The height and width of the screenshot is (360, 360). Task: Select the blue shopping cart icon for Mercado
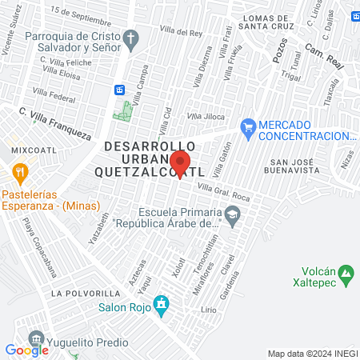(x=248, y=126)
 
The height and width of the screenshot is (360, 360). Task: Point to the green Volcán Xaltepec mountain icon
(x=346, y=275)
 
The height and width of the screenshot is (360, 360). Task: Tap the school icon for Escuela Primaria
(x=232, y=213)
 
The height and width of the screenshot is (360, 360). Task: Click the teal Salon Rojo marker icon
(x=162, y=305)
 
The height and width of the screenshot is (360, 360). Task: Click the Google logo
(x=26, y=350)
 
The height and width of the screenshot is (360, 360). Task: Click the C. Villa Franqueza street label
(x=55, y=123)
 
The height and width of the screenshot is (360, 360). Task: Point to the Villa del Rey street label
(x=182, y=33)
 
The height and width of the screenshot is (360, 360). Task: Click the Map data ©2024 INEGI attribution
(x=312, y=353)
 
